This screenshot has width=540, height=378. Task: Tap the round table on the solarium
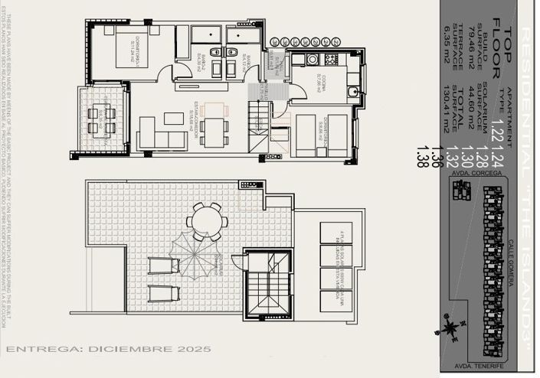206,222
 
